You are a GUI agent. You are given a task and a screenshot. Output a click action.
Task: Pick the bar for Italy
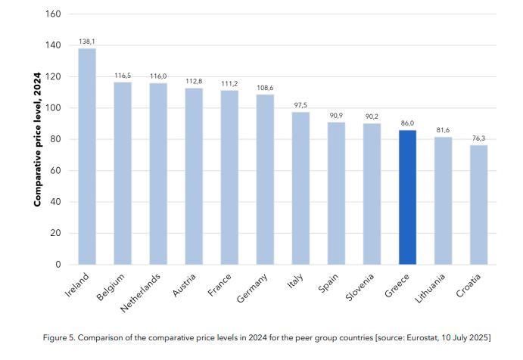[300, 188]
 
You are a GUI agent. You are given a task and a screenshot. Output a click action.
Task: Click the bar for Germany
[265, 179]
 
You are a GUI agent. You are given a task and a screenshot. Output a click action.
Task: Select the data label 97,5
[300, 106]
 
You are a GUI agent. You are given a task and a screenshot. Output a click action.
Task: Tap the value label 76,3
[478, 139]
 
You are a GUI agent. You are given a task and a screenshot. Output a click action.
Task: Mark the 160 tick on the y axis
[54, 14]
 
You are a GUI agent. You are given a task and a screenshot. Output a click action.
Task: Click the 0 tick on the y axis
[58, 265]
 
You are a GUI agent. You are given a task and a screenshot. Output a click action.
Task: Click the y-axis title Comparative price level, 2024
[36, 140]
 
